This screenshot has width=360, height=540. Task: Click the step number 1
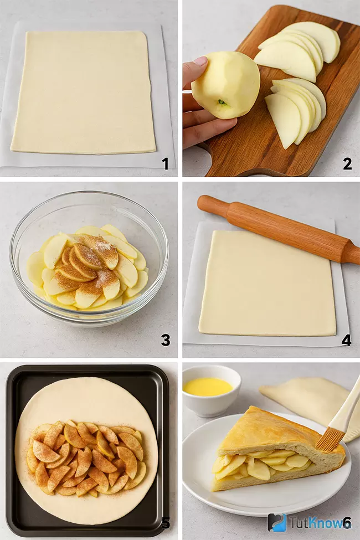coord(166,164)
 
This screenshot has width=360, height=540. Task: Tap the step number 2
coord(347,164)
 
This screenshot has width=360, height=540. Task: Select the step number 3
coord(166,340)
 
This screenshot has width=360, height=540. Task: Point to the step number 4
coord(346,340)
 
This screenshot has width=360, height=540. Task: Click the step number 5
coord(166,523)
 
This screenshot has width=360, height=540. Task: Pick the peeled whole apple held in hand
coord(225,85)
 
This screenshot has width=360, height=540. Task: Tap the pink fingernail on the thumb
coord(200,62)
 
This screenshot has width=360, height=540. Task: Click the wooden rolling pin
coord(279,229)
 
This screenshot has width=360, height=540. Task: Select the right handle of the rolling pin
coord(352,253)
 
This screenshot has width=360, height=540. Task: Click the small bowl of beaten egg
coord(212,390)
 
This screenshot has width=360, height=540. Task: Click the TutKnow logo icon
coord(277,523)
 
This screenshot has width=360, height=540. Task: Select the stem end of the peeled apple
coord(222,102)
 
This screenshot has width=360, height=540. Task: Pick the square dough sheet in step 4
coord(268,284)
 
